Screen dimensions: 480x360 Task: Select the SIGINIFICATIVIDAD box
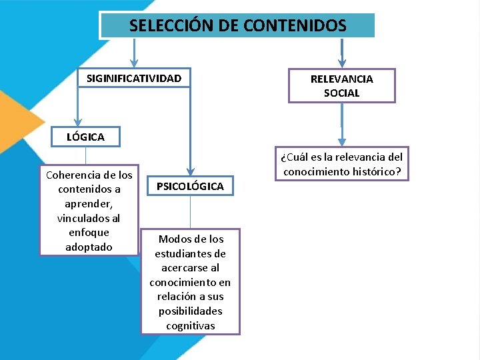coord(134,79)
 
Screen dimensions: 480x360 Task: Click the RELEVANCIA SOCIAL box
coord(341,86)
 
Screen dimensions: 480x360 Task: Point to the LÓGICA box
coord(85,137)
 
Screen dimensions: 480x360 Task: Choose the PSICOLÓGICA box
coord(190,186)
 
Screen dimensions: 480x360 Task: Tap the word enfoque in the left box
coord(89,233)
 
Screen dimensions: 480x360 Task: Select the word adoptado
coord(89,247)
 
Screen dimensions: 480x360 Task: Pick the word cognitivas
coord(191,325)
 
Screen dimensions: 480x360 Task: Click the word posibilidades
coord(191,311)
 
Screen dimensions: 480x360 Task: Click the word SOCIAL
coord(341,93)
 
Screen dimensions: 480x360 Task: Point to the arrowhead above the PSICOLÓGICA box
coord(190,171)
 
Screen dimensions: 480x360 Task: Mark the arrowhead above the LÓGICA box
coord(77,121)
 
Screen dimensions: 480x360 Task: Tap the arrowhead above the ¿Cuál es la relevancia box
coord(342,141)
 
